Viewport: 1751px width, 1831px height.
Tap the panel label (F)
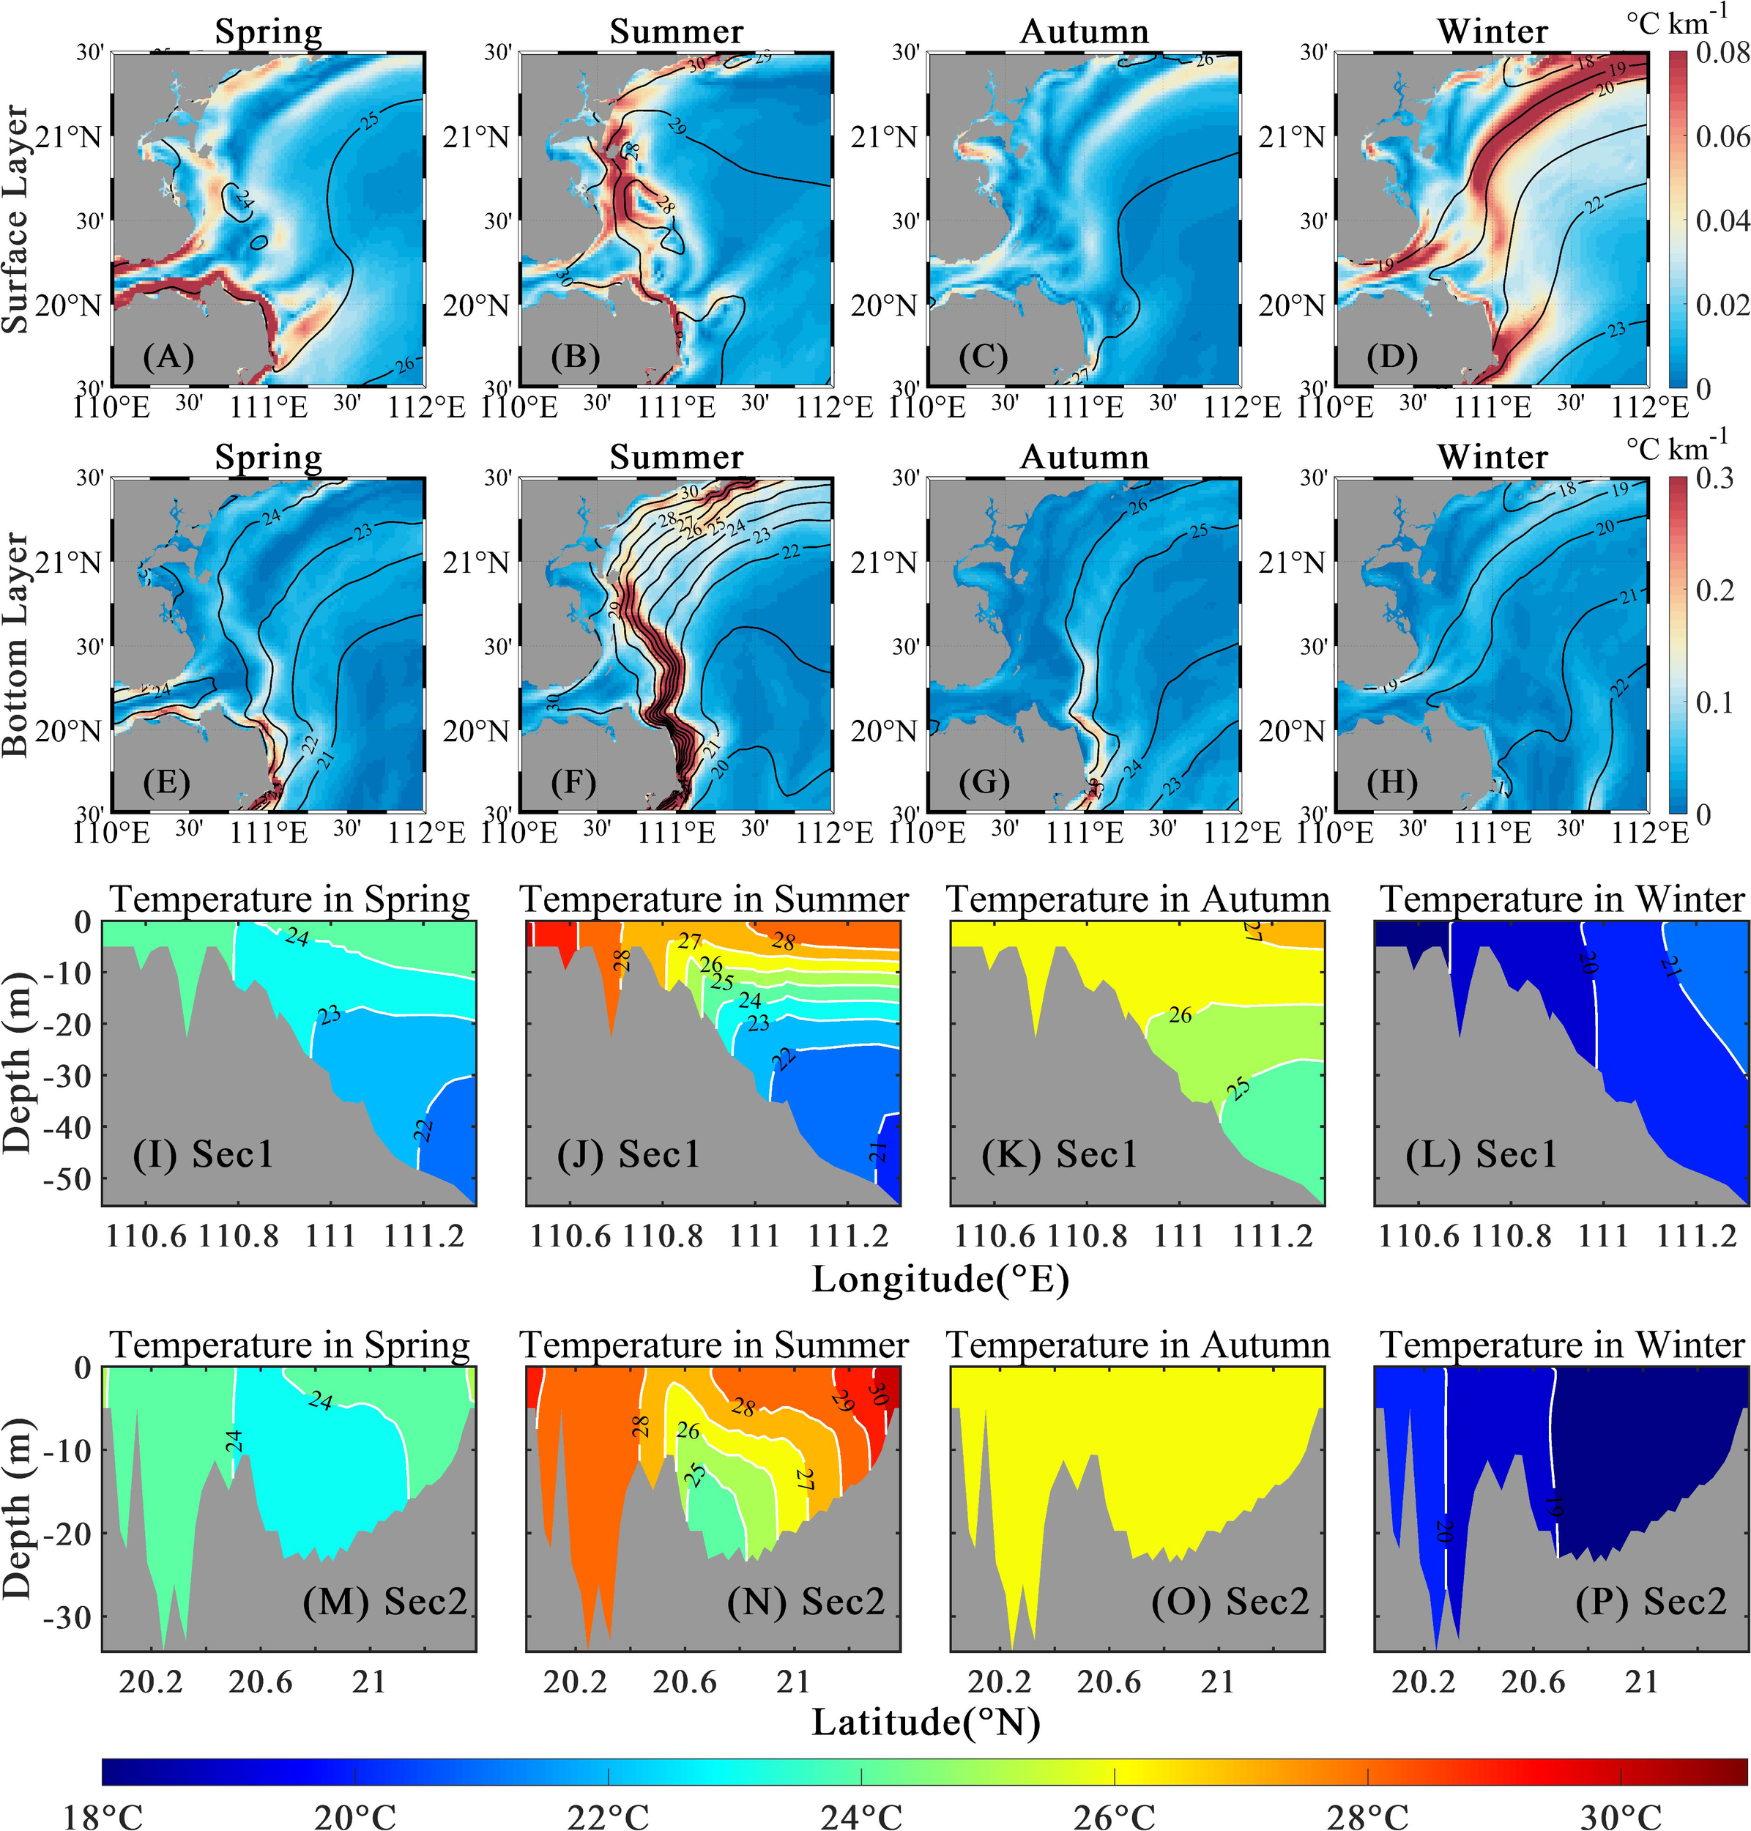coord(574,782)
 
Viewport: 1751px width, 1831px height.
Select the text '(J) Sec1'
coord(628,1155)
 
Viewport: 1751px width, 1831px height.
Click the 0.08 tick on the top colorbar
coord(1722,52)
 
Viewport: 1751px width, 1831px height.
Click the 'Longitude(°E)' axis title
coord(940,1279)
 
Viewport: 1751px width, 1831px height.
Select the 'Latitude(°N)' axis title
coord(926,1722)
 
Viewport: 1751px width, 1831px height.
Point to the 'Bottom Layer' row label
coord(16,644)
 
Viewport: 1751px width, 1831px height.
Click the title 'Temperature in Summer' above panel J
coord(714,899)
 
